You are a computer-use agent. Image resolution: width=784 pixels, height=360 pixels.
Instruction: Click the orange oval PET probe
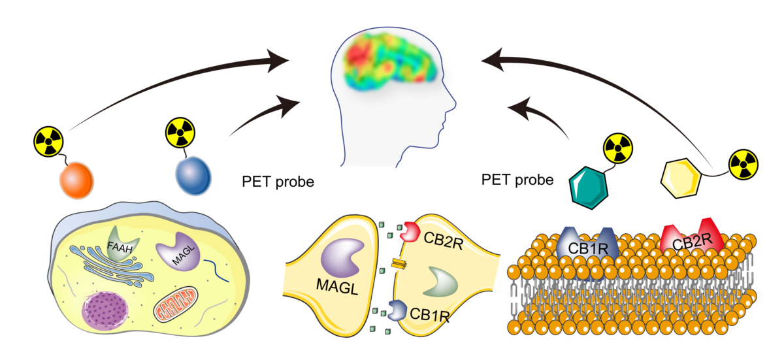point(76,180)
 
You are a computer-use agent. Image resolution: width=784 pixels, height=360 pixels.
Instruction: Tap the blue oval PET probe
point(193,174)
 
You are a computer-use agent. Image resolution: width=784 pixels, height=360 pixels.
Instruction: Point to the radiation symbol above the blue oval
point(178,131)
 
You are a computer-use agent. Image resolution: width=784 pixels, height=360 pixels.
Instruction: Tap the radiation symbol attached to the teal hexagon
point(616,148)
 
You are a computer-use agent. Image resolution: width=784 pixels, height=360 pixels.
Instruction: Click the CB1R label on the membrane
point(585,248)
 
